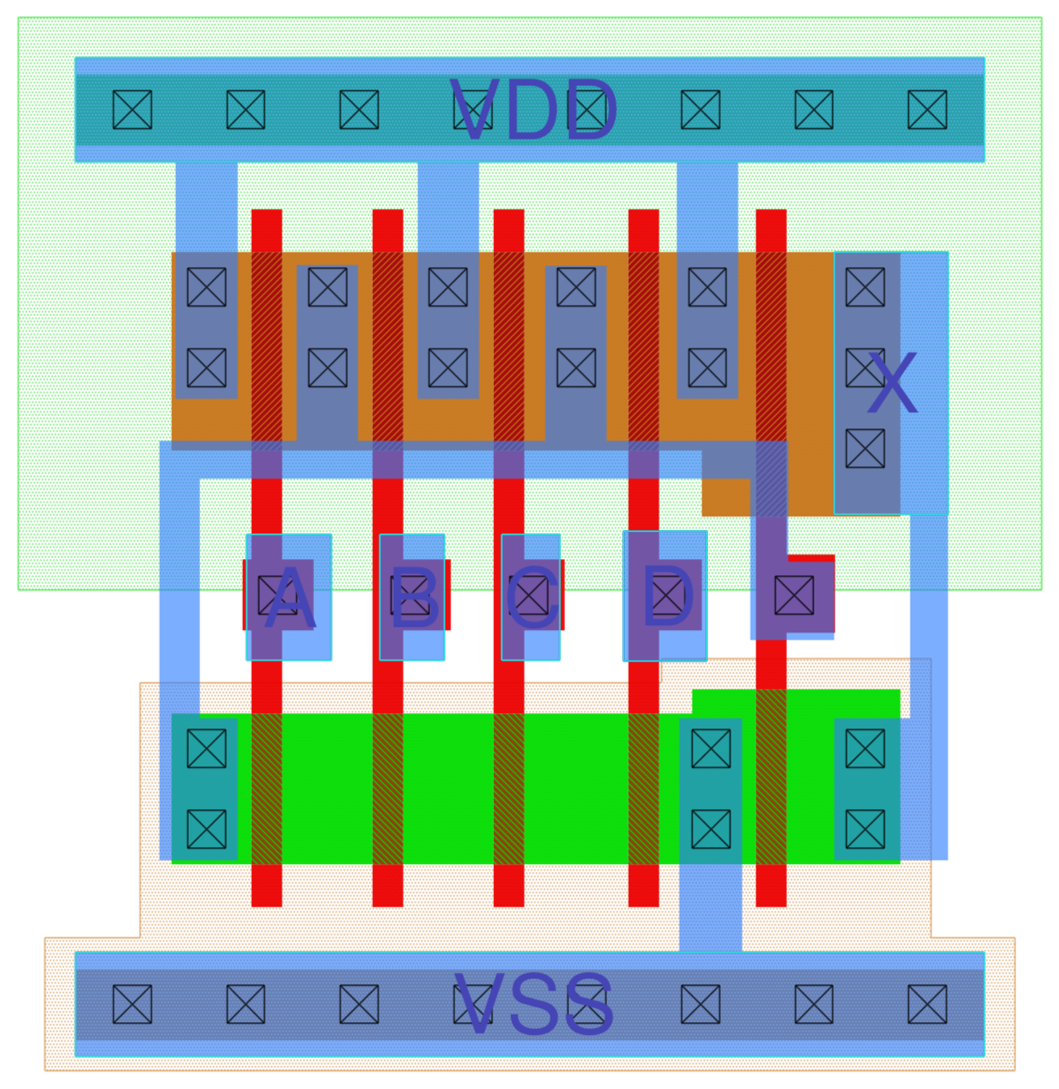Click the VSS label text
pyautogui.click(x=534, y=1004)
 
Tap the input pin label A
pyautogui.click(x=289, y=599)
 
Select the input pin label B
pyautogui.click(x=414, y=599)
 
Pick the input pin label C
pyautogui.click(x=531, y=599)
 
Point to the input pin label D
pyautogui.click(x=667, y=597)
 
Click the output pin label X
pyautogui.click(x=892, y=384)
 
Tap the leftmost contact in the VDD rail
pyautogui.click(x=132, y=110)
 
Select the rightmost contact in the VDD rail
pyautogui.click(x=927, y=110)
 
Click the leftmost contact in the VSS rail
pyautogui.click(x=132, y=1004)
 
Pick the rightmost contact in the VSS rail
pyautogui.click(x=927, y=1004)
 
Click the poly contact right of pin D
pyautogui.click(x=794, y=596)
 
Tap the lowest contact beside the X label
pyautogui.click(x=865, y=449)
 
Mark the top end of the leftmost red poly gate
pyautogui.click(x=266, y=218)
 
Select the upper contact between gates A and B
pyautogui.click(x=328, y=287)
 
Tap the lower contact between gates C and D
pyautogui.click(x=576, y=369)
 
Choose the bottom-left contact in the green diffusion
pyautogui.click(x=207, y=829)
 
